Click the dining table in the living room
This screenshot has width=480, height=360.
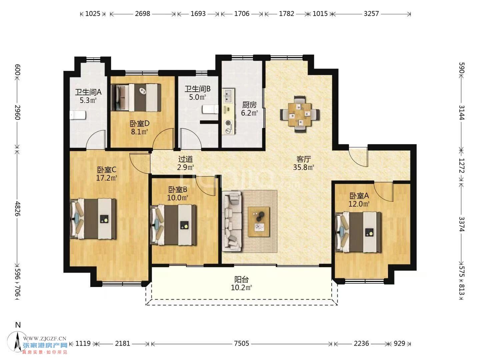[x=299, y=114]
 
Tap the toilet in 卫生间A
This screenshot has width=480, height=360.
[x=77, y=115]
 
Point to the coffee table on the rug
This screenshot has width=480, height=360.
[x=259, y=222]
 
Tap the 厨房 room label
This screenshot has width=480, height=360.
[x=249, y=105]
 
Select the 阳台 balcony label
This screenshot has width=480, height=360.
[x=241, y=279]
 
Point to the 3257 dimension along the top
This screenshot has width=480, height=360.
[x=371, y=14]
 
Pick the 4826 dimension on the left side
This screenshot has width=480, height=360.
[x=18, y=209]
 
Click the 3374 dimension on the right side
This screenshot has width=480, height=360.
[x=461, y=224]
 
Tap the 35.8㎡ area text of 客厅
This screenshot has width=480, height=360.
[x=304, y=167]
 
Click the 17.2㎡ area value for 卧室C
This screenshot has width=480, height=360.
[x=106, y=178]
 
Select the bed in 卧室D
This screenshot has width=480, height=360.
[x=136, y=97]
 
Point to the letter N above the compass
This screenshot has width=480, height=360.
[x=18, y=325]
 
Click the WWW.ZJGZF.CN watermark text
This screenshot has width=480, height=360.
[x=45, y=339]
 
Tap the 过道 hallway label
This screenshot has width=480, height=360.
[x=185, y=159]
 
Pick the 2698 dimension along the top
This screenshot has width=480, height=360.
[x=142, y=14]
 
